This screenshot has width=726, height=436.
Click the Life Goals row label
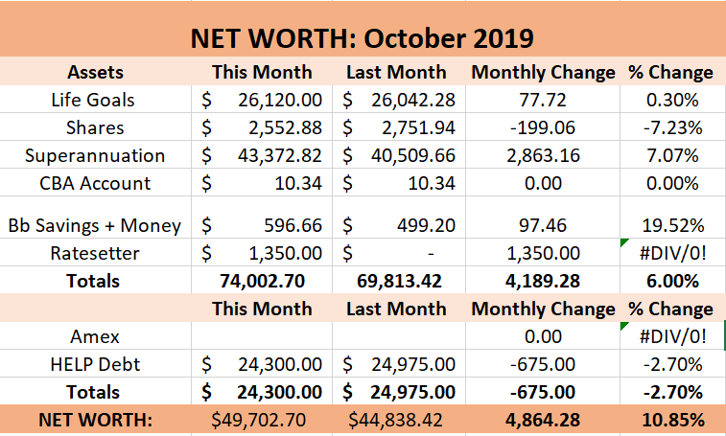tap(94, 99)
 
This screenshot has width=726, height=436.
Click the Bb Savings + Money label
tap(94, 225)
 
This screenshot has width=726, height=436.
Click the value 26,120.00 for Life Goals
tap(274, 99)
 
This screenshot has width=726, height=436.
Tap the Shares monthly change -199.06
tap(543, 127)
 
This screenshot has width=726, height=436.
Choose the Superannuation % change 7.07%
tap(678, 155)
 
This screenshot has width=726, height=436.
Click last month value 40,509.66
tap(413, 155)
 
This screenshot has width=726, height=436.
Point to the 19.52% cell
tap(678, 225)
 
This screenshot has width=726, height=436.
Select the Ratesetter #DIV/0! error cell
tap(672, 253)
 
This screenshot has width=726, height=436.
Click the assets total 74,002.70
tap(262, 281)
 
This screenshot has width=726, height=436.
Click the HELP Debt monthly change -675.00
tap(543, 364)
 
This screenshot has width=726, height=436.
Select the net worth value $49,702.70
tap(262, 420)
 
